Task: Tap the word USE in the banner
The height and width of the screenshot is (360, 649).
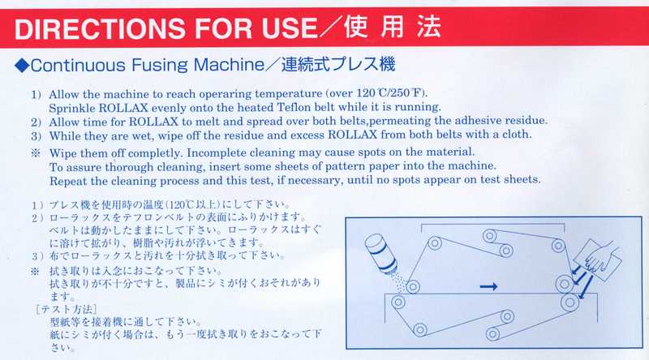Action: point(289,28)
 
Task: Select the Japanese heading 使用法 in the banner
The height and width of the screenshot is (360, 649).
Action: point(392,27)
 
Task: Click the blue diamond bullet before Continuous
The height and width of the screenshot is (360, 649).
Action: point(22,66)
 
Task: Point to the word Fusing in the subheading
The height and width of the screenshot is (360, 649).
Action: point(159,66)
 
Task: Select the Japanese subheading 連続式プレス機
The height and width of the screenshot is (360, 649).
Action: point(338,64)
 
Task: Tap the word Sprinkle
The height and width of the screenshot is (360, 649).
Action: point(72,109)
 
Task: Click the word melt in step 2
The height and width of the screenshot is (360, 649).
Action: point(206,122)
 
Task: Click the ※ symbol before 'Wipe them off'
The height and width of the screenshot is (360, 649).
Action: point(36,153)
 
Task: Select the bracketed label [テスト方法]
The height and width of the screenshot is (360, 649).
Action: point(67,309)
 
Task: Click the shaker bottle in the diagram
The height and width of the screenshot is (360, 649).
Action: point(381,253)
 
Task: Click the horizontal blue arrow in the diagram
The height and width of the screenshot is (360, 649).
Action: point(488,286)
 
